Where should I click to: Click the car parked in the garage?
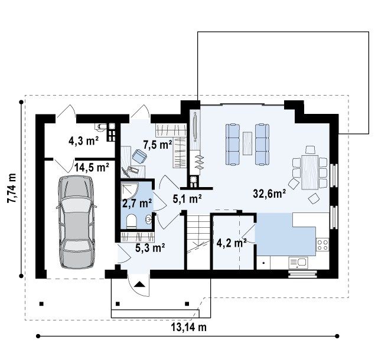click(76, 222)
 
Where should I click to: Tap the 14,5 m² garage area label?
click(92, 167)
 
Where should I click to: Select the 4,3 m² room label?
click(83, 141)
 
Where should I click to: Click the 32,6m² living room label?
click(269, 193)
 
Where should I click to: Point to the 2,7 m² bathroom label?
click(137, 204)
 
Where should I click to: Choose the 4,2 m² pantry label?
click(232, 243)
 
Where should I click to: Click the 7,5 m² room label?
click(158, 145)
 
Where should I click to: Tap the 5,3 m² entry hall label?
click(150, 248)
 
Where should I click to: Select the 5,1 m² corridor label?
click(187, 199)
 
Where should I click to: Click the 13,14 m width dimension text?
click(189, 327)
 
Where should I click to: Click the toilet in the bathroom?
click(131, 221)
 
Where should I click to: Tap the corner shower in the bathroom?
click(129, 192)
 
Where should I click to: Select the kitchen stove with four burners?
click(322, 245)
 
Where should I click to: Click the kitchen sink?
click(298, 263)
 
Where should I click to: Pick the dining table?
click(309, 172)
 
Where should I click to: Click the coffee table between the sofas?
click(247, 143)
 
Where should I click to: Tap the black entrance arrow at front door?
click(139, 284)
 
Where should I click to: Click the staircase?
click(198, 242)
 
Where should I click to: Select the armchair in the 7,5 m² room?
click(139, 156)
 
